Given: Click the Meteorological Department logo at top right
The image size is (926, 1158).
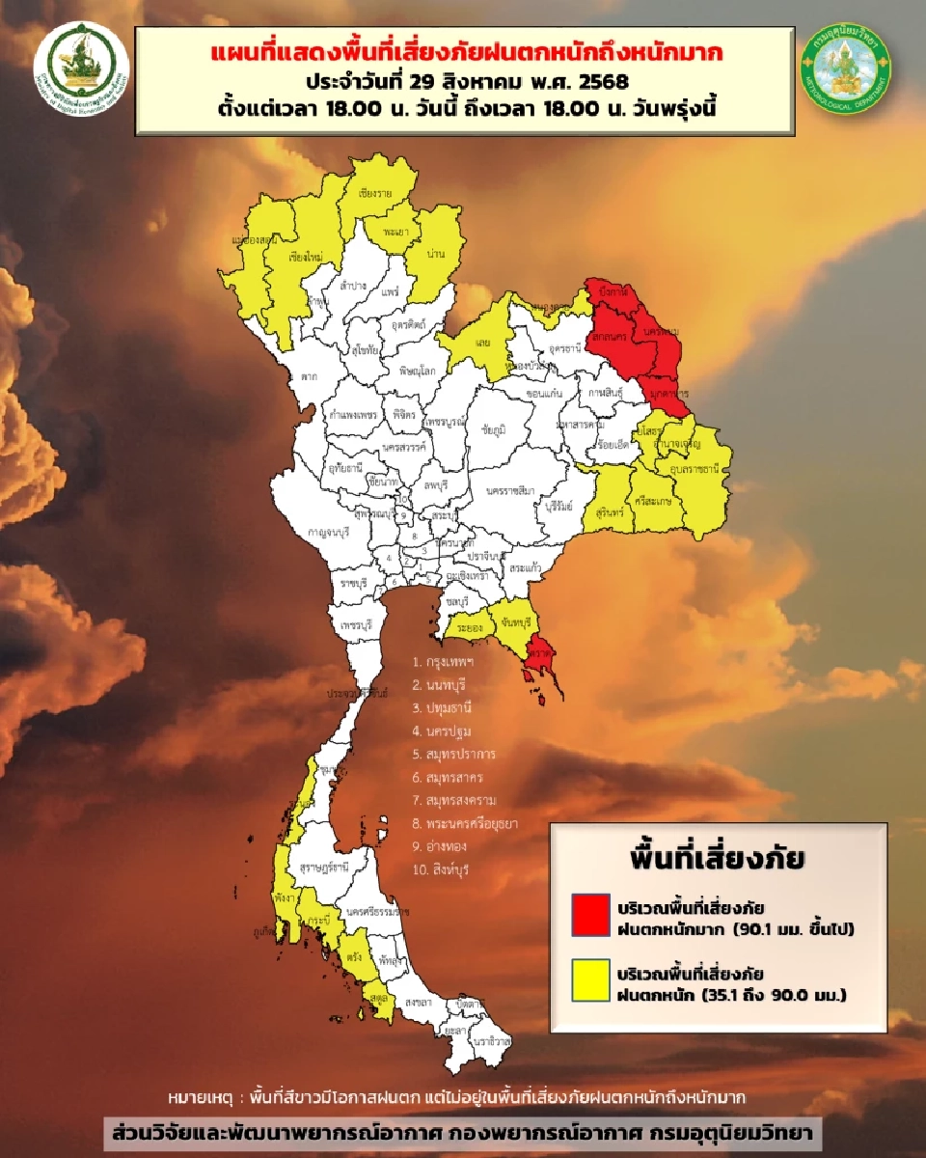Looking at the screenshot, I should click(847, 69).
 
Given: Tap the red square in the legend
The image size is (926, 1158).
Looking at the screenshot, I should click(590, 913).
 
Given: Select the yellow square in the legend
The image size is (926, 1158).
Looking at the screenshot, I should click(590, 979).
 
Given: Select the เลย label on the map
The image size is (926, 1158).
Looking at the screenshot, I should click(486, 342).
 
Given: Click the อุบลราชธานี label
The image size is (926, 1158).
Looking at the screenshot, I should click(693, 468).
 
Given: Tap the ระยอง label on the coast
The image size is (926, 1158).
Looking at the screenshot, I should click(470, 625).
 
